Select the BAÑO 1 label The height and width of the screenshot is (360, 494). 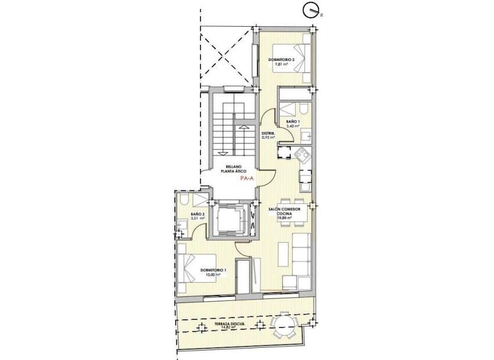pyautogui.click(x=292, y=121)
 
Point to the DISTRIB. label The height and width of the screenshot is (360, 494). pyautogui.click(x=267, y=134)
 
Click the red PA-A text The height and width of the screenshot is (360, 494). pyautogui.click(x=246, y=179)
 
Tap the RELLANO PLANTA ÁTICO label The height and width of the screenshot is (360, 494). pyautogui.click(x=235, y=169)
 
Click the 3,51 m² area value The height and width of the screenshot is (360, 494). pyautogui.click(x=198, y=218)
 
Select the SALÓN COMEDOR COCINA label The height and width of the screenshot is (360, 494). pyautogui.click(x=284, y=211)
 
